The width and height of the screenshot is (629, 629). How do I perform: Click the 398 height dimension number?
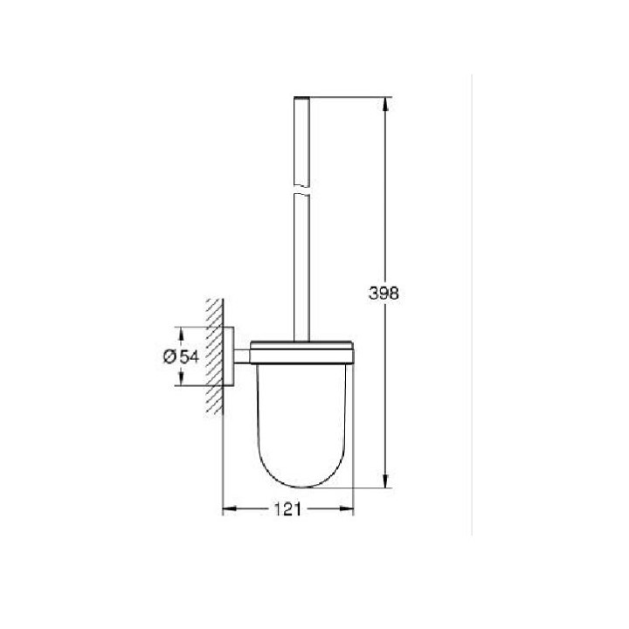[384, 294]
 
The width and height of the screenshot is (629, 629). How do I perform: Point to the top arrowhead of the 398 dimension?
[384, 99]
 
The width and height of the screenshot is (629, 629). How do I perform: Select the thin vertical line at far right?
[471, 306]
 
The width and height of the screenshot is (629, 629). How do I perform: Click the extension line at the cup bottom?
[349, 487]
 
